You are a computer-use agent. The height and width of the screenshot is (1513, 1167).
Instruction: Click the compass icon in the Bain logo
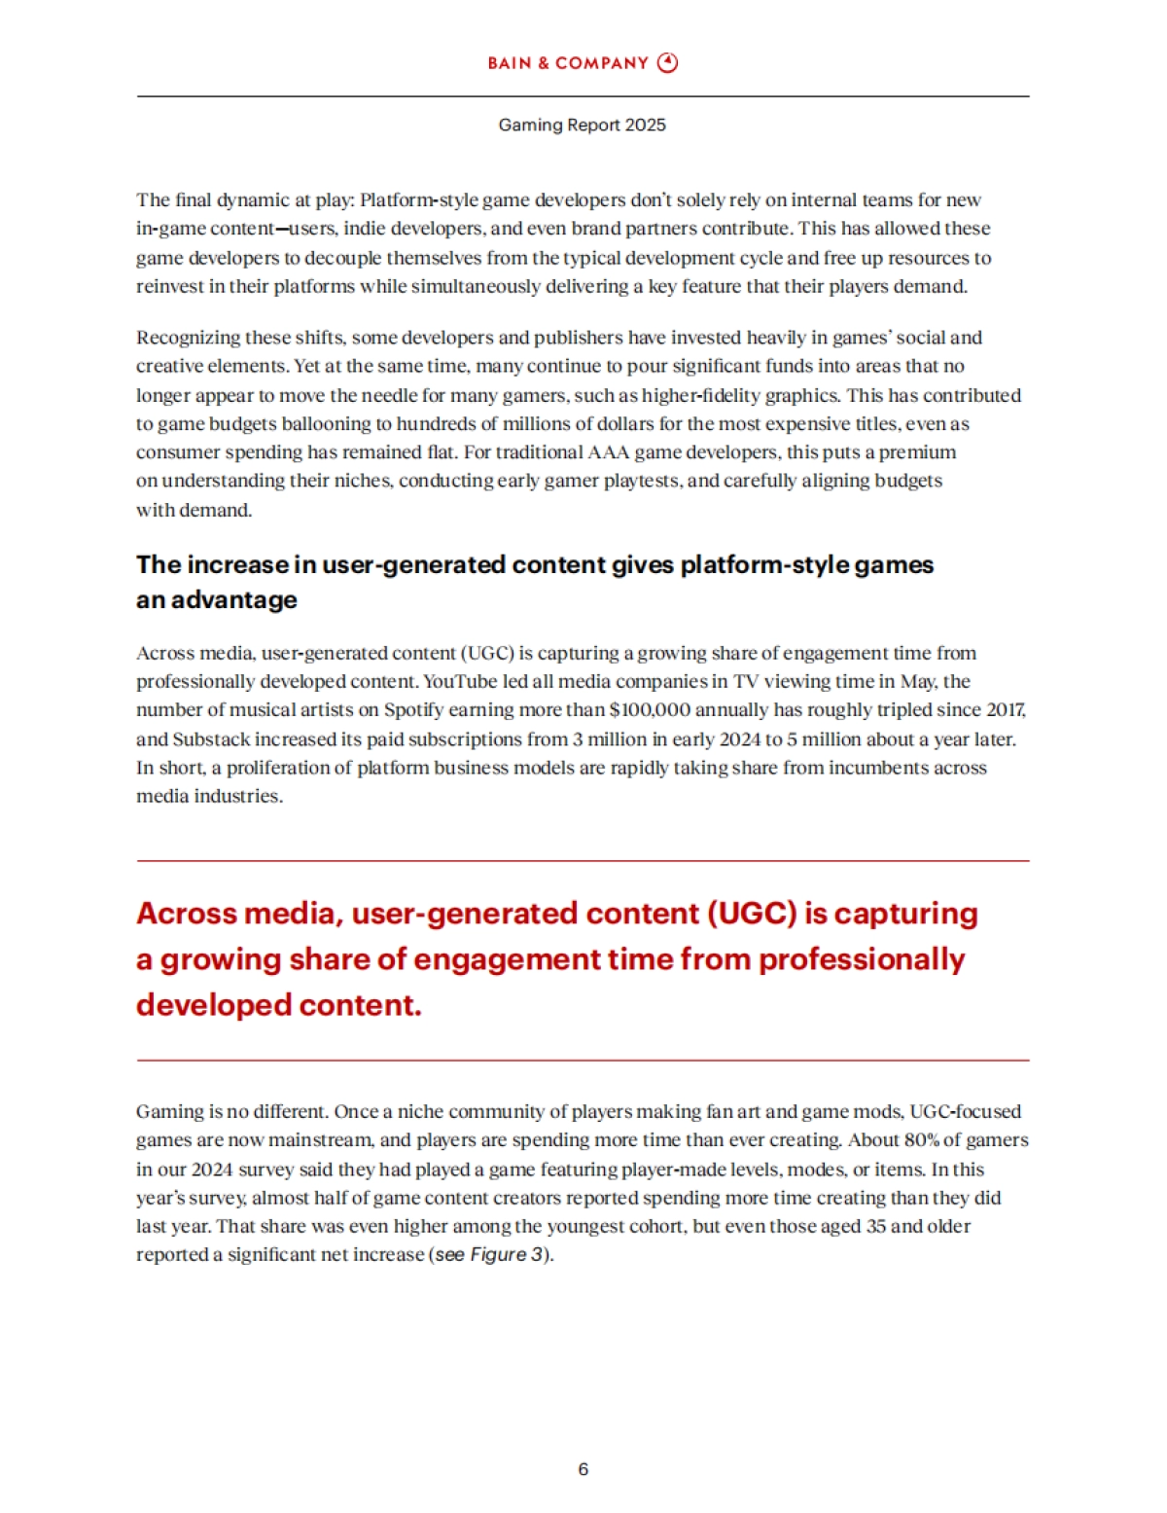[x=667, y=63]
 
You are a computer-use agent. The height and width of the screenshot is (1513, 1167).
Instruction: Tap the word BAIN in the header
[x=509, y=63]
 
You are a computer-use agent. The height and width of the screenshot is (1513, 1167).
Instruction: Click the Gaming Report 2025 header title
[x=582, y=125]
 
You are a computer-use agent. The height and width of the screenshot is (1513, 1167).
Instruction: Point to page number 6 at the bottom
[x=583, y=1469]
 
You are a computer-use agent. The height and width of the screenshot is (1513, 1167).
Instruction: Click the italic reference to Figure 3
[x=507, y=1255]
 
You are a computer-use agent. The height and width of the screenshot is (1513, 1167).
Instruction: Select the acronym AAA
[x=609, y=452]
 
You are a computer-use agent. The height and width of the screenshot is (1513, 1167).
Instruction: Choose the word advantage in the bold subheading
[x=233, y=600]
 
